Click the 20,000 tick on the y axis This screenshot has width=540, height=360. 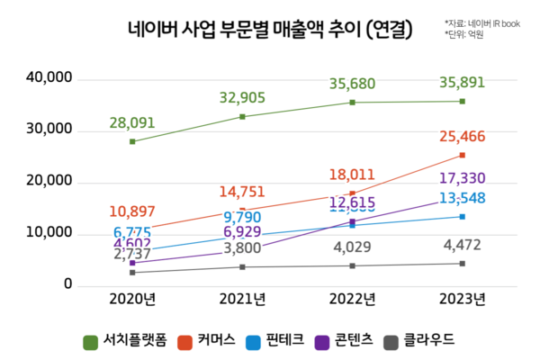coord(49,182)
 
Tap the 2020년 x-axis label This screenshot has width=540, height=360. coord(132,299)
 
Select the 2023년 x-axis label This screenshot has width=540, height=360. coord(462,299)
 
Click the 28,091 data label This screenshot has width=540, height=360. coord(134,122)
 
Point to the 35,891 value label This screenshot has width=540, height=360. coord(463,82)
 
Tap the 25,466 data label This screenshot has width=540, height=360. coord(463,138)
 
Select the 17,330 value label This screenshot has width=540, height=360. coord(463,179)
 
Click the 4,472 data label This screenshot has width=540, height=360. coord(463,245)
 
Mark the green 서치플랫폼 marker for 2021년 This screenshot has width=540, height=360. coord(242,117)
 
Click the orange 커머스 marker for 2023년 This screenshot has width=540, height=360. coord(463,155)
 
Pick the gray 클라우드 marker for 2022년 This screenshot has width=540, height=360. coord(352,265)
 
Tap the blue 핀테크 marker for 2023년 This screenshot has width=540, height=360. coord(463,216)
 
